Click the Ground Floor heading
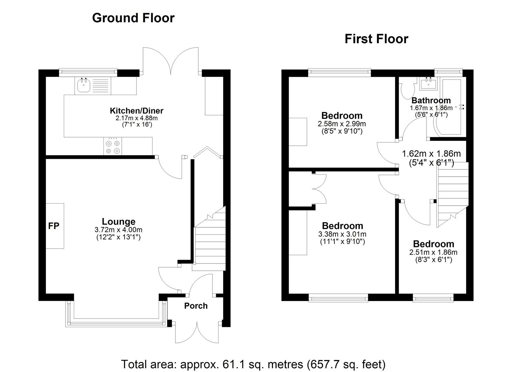tap(133, 18)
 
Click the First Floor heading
tap(376, 39)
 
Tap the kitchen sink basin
tap(83, 85)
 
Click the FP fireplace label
tap(54, 226)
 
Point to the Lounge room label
tap(118, 221)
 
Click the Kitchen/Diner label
tap(137, 111)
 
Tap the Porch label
tap(195, 306)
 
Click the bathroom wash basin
tap(429, 83)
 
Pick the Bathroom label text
tap(431, 101)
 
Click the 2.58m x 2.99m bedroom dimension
tap(342, 124)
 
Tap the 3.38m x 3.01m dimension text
tap(342, 234)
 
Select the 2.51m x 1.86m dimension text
tap(433, 252)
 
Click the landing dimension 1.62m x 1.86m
tap(431, 154)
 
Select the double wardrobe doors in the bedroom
tap(319, 188)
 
